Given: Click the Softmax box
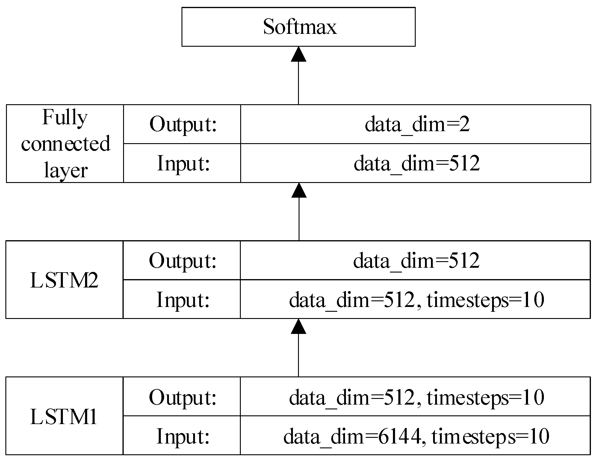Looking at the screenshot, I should [299, 27].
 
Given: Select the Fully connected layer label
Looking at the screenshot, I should [65, 143].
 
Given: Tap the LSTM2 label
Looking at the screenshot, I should [64, 280].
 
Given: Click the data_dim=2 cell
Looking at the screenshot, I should [417, 124].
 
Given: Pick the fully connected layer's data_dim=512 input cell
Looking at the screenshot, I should [417, 164].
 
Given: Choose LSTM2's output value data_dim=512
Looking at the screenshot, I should [416, 261].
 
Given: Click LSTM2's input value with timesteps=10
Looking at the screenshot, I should [416, 299].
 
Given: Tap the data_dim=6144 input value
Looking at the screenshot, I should [416, 436].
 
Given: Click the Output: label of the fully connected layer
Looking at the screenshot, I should [183, 124].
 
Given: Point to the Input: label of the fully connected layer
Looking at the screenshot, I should [183, 164].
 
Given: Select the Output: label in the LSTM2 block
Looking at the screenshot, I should [182, 261].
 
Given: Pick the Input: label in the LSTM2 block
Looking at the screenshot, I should [182, 299].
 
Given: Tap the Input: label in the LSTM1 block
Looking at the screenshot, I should [182, 436].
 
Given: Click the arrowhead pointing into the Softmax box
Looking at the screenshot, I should [299, 54].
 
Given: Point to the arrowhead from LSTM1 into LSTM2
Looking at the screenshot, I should [299, 326].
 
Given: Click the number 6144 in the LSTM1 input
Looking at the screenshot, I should [400, 436].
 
